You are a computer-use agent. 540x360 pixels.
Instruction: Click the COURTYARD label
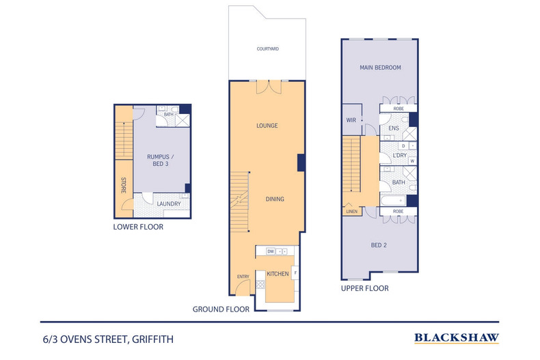pos(267,49)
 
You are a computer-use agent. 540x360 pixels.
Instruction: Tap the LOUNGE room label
pos(267,126)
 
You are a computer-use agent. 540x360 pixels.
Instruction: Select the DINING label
pos(275,199)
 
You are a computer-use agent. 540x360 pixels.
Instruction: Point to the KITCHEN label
pos(278,274)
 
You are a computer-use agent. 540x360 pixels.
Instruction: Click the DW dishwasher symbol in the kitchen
pos(271,251)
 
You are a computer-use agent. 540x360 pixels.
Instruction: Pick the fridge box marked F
pos(295,273)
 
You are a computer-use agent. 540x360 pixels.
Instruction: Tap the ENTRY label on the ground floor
pos(243,277)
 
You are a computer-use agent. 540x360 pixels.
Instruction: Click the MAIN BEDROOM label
pos(380,68)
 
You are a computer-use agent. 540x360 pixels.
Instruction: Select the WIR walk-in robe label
pos(351,121)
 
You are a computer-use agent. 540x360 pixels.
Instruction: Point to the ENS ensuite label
pos(394,128)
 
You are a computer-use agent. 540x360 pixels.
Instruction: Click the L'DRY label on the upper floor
pos(400,156)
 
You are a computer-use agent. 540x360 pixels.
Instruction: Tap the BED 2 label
pos(380,244)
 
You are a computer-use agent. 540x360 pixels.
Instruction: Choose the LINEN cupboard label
pos(351,212)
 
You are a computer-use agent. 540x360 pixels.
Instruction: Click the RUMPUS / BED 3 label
pos(158,160)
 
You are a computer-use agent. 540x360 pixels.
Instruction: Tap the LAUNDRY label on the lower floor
pos(168,203)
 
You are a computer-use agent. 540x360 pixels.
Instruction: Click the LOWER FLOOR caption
pos(138,227)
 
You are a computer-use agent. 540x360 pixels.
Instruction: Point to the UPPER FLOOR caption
pos(365,288)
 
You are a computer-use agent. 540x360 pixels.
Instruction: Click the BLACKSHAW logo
pos(457,337)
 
